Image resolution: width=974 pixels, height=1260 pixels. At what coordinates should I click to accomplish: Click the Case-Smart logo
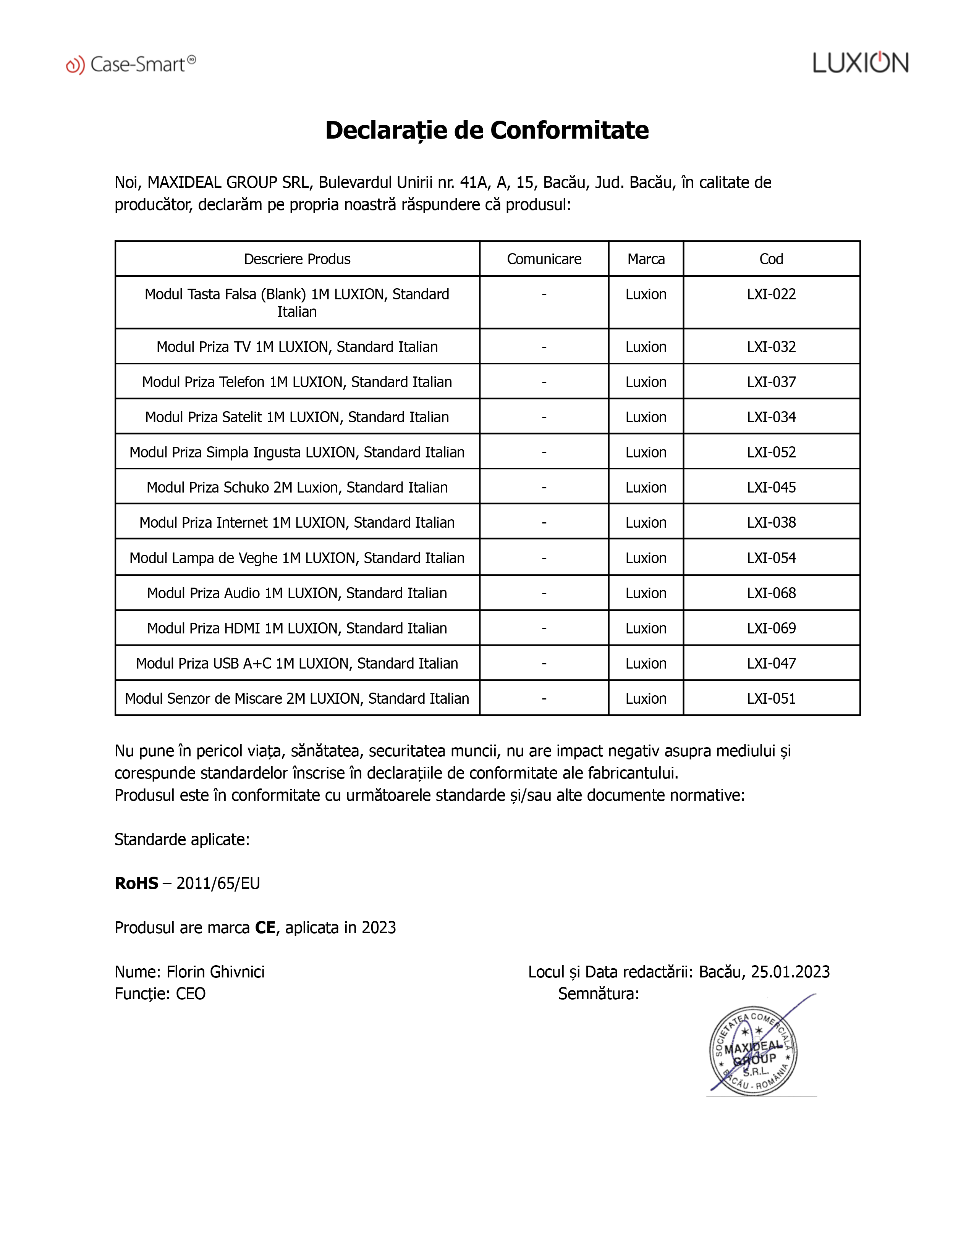pyautogui.click(x=131, y=64)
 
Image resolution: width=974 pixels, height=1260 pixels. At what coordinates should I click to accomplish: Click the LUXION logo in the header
pyautogui.click(x=860, y=63)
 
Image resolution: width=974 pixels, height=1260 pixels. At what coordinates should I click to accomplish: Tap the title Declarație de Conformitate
pyautogui.click(x=487, y=130)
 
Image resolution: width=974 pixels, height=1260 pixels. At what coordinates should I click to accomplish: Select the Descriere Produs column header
pyautogui.click(x=297, y=259)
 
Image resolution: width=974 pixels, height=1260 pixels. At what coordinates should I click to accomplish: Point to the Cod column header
pyautogui.click(x=772, y=259)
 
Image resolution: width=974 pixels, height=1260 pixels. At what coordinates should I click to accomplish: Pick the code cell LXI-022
pyautogui.click(x=772, y=294)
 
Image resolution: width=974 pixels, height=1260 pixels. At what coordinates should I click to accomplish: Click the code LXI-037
pyautogui.click(x=772, y=382)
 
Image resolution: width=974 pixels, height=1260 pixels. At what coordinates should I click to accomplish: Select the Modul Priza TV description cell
pyautogui.click(x=297, y=347)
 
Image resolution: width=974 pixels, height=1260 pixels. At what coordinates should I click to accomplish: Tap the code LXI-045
pyautogui.click(x=772, y=488)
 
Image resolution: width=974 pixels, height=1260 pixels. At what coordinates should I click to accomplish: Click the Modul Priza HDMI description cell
pyautogui.click(x=297, y=628)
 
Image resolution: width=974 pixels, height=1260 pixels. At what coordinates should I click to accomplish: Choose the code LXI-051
pyautogui.click(x=772, y=699)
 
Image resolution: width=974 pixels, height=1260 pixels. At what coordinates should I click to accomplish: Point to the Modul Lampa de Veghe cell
pyautogui.click(x=297, y=558)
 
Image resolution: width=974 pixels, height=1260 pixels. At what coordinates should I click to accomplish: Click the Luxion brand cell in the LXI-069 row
pyautogui.click(x=646, y=628)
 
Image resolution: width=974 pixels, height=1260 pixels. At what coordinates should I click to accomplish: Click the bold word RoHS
pyautogui.click(x=136, y=883)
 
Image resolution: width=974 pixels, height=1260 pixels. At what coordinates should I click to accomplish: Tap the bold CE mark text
pyautogui.click(x=265, y=928)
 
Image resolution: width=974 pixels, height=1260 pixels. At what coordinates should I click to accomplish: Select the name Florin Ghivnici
pyautogui.click(x=215, y=972)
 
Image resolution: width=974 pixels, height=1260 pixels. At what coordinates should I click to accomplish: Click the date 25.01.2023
pyautogui.click(x=790, y=972)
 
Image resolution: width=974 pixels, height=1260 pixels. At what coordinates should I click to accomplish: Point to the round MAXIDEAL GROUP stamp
pyautogui.click(x=753, y=1051)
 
